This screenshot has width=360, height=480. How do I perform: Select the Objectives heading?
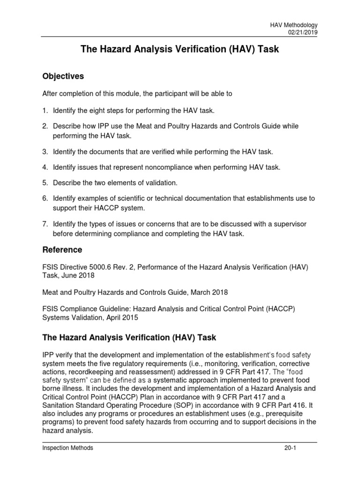point(63,76)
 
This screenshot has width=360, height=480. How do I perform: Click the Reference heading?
point(62,249)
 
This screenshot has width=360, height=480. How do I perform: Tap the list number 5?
point(45,182)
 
